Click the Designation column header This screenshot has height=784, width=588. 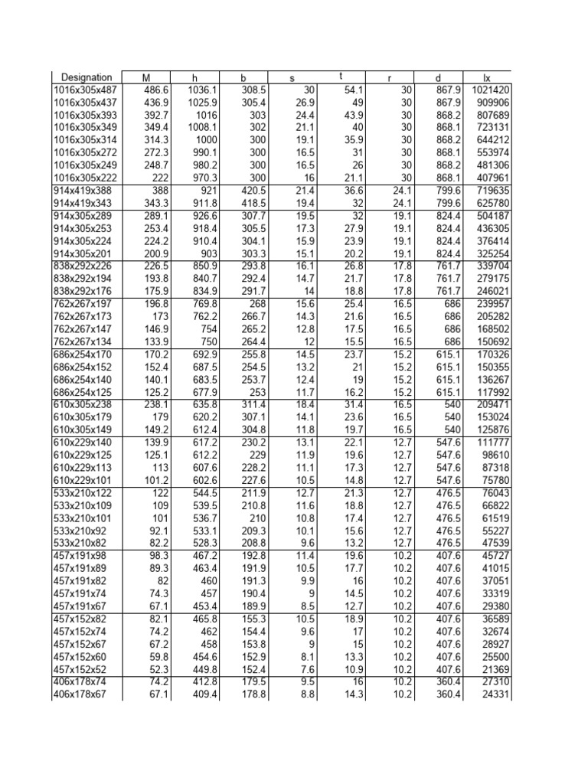pos(87,77)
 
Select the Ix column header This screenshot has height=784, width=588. pos(487,77)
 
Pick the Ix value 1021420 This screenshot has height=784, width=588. pos(489,90)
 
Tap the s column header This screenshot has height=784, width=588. pos(292,77)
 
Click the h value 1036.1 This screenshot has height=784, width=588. pos(192,90)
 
